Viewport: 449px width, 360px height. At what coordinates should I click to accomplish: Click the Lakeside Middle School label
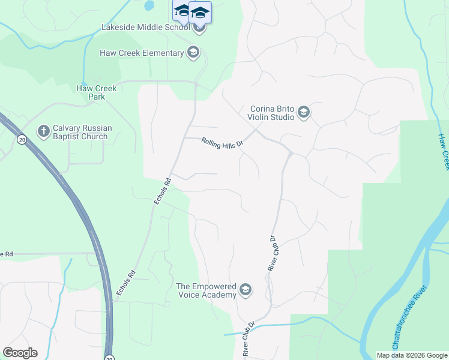(x=145, y=27)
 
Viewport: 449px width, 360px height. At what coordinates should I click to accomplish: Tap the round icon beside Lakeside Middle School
(x=200, y=28)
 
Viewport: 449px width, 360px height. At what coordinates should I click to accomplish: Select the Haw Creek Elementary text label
(x=142, y=53)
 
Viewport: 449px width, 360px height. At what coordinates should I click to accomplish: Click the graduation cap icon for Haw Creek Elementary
(x=193, y=53)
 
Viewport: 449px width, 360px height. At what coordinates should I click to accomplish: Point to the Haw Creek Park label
(x=96, y=92)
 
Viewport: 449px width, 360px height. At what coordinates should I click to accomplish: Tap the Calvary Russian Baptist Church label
(x=80, y=132)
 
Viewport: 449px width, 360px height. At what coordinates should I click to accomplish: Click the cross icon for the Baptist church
(x=43, y=131)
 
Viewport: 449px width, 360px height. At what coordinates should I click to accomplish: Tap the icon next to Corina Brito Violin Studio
(x=304, y=112)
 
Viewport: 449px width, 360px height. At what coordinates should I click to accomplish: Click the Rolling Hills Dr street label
(x=221, y=143)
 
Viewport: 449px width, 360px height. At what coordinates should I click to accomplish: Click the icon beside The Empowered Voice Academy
(x=245, y=290)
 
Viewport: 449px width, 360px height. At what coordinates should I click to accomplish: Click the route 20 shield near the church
(x=22, y=140)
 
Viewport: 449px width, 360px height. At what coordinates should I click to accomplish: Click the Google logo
(x=20, y=353)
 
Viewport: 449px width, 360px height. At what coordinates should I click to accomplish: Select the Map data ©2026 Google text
(x=412, y=355)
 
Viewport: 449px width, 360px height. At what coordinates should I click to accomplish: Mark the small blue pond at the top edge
(x=148, y=6)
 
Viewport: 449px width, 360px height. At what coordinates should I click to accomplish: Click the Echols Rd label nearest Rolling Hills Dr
(x=162, y=190)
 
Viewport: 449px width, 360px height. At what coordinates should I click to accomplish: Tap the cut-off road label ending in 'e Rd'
(x=6, y=254)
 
